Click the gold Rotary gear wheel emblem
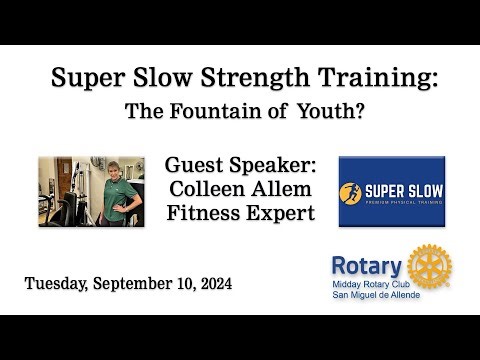[430, 265]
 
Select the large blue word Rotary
[367, 267]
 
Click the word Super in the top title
[88, 77]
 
